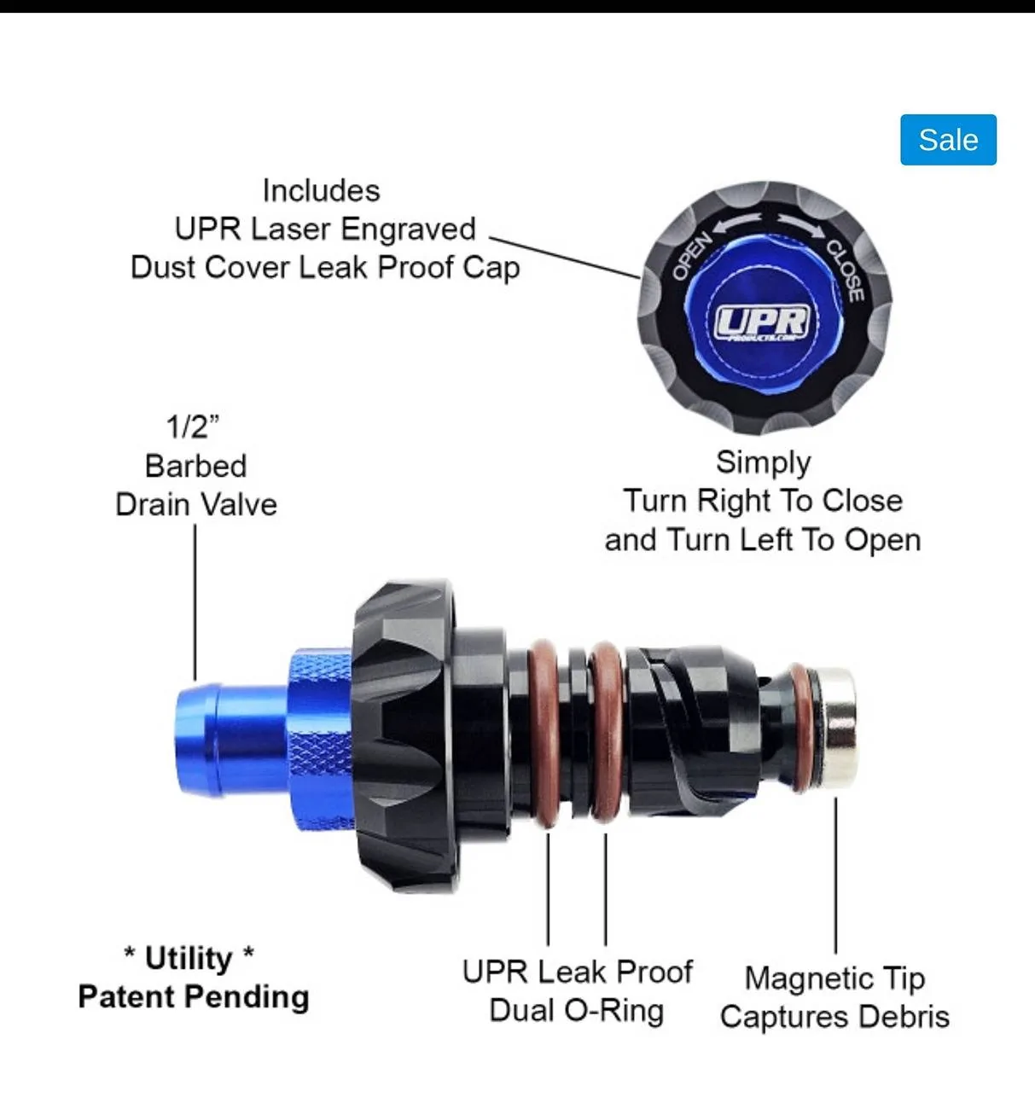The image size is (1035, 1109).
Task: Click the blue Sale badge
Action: (x=948, y=140)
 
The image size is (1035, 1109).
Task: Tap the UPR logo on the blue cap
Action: (x=763, y=322)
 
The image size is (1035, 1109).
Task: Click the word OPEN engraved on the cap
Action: (x=691, y=256)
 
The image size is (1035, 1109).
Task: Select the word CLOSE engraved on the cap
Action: (x=846, y=270)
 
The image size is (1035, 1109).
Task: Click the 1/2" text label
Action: (x=193, y=427)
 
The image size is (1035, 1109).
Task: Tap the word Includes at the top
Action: (x=321, y=190)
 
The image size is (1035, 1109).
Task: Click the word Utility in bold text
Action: (x=189, y=958)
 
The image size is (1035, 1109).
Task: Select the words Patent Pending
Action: (x=193, y=997)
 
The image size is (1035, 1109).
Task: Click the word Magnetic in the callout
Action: (x=807, y=978)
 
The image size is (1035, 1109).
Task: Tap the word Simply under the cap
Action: (x=763, y=463)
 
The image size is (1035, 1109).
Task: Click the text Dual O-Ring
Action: (x=577, y=1011)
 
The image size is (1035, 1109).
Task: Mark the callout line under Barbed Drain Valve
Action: (x=195, y=602)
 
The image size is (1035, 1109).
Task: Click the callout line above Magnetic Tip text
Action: (x=835, y=875)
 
